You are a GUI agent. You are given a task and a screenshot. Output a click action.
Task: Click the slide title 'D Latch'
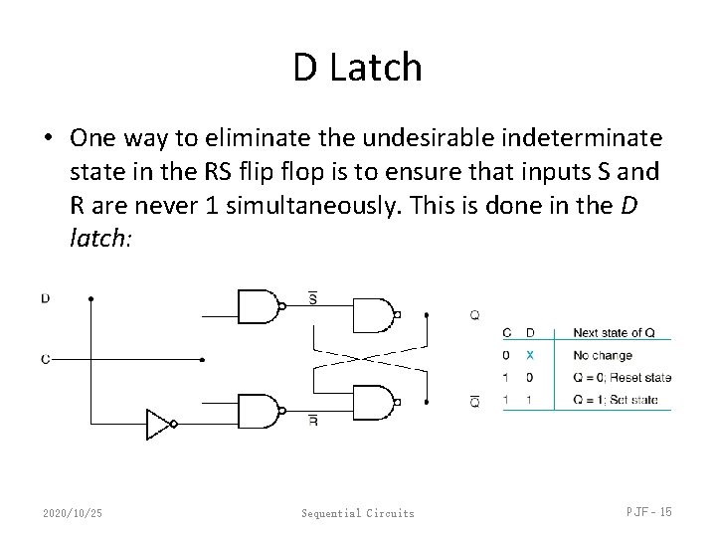pyautogui.click(x=358, y=68)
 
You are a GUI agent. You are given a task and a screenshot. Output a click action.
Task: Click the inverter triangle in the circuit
pyautogui.click(x=158, y=423)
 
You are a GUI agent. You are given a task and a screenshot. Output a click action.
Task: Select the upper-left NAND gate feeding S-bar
pyautogui.click(x=258, y=306)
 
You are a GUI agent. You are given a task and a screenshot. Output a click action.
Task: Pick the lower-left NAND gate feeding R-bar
pyautogui.click(x=258, y=411)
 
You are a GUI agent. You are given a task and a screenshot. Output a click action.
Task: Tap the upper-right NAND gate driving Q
pyautogui.click(x=372, y=315)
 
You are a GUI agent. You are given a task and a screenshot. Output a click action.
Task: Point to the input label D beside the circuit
pyautogui.click(x=46, y=297)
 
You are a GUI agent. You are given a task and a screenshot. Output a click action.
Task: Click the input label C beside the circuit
pyautogui.click(x=46, y=360)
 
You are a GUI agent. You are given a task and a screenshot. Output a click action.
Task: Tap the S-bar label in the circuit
pyautogui.click(x=313, y=296)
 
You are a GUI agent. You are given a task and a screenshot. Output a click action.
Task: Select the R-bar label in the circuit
pyautogui.click(x=313, y=422)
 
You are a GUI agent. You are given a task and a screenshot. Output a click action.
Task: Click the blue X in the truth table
pyautogui.click(x=530, y=355)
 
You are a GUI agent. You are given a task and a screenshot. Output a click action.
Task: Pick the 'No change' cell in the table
pyautogui.click(x=597, y=355)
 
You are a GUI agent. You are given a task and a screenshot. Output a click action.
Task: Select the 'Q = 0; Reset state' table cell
pyautogui.click(x=622, y=378)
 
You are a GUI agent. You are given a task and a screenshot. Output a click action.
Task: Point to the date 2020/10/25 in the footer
pyautogui.click(x=72, y=512)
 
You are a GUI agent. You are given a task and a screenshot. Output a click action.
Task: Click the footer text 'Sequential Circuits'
pyautogui.click(x=358, y=513)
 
